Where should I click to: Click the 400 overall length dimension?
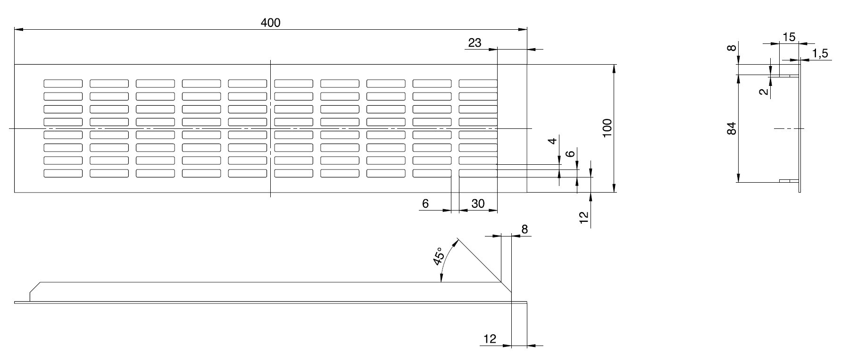click(270, 22)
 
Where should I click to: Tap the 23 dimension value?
click(474, 43)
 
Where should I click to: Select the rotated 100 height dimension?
click(607, 128)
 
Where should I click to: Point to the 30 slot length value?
click(478, 203)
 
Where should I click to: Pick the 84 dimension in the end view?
click(732, 128)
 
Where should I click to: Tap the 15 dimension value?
click(789, 37)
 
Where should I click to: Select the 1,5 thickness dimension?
click(821, 54)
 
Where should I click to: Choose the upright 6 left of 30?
click(425, 203)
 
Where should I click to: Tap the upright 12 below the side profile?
click(490, 338)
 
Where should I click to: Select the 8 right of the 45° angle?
click(524, 229)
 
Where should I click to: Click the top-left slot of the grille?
click(63, 84)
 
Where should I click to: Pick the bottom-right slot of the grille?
click(478, 173)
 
